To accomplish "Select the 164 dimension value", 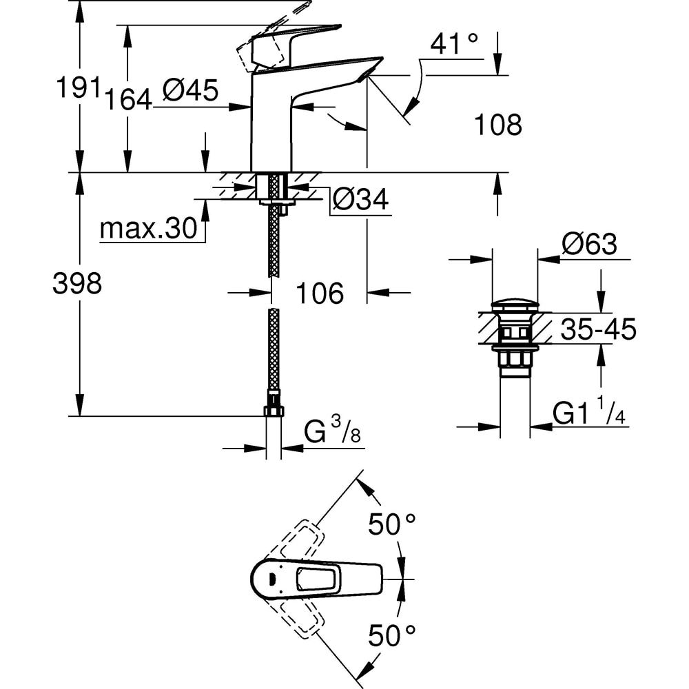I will (128, 99).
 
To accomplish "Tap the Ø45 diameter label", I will (190, 90).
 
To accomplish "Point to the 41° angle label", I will (454, 45).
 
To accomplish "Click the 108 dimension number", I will (498, 125).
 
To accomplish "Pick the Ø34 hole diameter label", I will (360, 200).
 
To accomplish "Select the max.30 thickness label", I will (149, 229).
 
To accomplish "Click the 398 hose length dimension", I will (77, 283).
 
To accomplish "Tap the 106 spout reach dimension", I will (319, 294).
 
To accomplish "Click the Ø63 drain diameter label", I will (589, 244).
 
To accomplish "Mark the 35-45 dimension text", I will (598, 330).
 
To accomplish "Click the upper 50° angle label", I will (392, 525).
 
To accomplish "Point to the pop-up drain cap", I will (515, 305).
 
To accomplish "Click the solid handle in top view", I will (317, 577).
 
